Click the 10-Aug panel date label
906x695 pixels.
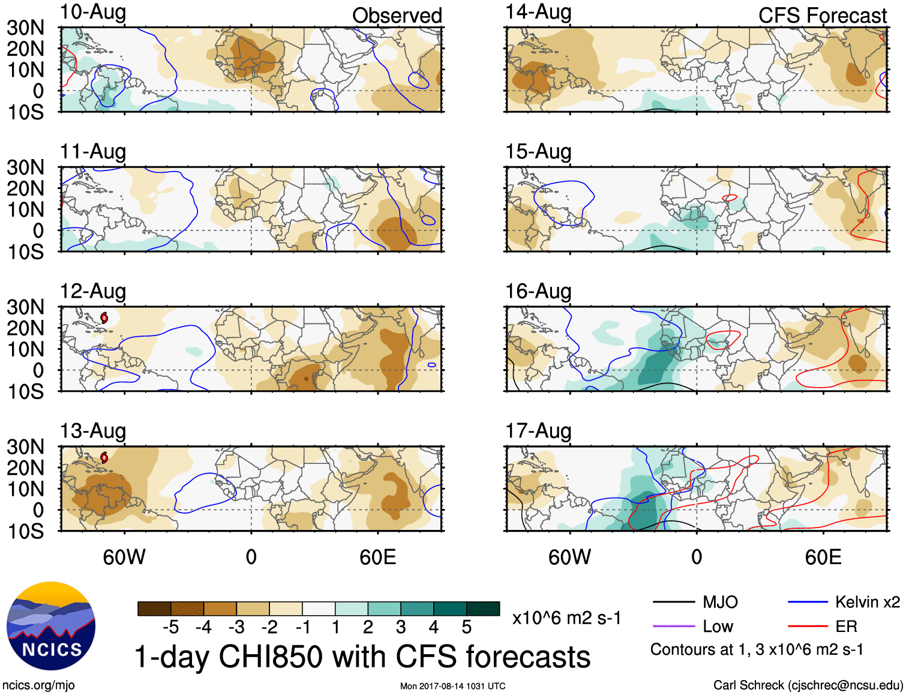pyautogui.click(x=93, y=12)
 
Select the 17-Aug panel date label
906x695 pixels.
pyautogui.click(x=538, y=431)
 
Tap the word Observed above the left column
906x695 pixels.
pyautogui.click(x=397, y=16)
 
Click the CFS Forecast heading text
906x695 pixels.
pyautogui.click(x=822, y=16)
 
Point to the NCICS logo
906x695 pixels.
pyautogui.click(x=51, y=626)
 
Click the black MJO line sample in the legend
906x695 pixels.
pyautogui.click(x=673, y=602)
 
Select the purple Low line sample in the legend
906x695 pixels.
pyautogui.click(x=673, y=627)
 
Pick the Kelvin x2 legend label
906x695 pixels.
pyautogui.click(x=867, y=602)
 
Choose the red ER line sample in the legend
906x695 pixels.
pyautogui.click(x=808, y=627)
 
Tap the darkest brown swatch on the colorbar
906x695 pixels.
pyautogui.click(x=154, y=609)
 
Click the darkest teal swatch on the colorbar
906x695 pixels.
pyautogui.click(x=483, y=609)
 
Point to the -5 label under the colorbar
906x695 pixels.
pyautogui.click(x=170, y=627)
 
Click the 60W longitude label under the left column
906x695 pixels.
pyautogui.click(x=124, y=557)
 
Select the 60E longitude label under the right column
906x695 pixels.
pyautogui.click(x=823, y=557)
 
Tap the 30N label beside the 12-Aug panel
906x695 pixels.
pyautogui.click(x=25, y=307)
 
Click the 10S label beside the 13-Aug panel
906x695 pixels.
pyautogui.click(x=25, y=531)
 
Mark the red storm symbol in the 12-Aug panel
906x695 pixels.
pyautogui.click(x=104, y=317)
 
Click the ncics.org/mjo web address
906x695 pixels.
pyautogui.click(x=38, y=685)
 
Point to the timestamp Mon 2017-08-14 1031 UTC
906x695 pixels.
pyautogui.click(x=452, y=686)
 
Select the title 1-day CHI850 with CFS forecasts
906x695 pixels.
pyautogui.click(x=362, y=657)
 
